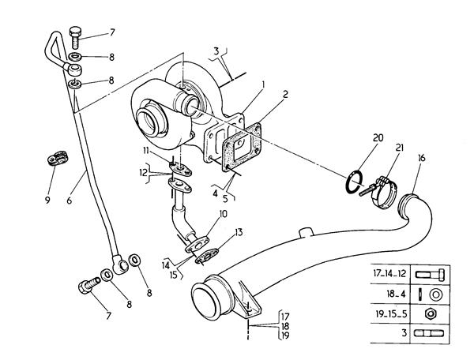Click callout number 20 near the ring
click(x=378, y=137)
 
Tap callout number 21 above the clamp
click(x=399, y=148)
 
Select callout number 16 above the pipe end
click(x=420, y=159)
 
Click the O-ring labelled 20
click(x=355, y=181)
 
